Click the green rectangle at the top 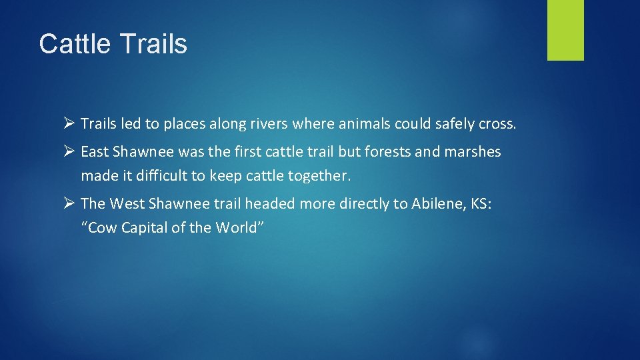[565, 30]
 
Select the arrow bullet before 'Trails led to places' [67, 123]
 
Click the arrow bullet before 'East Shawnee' [67, 152]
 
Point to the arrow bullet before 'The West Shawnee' [67, 203]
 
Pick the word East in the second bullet [94, 152]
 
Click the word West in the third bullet [127, 203]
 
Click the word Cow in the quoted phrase [102, 228]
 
